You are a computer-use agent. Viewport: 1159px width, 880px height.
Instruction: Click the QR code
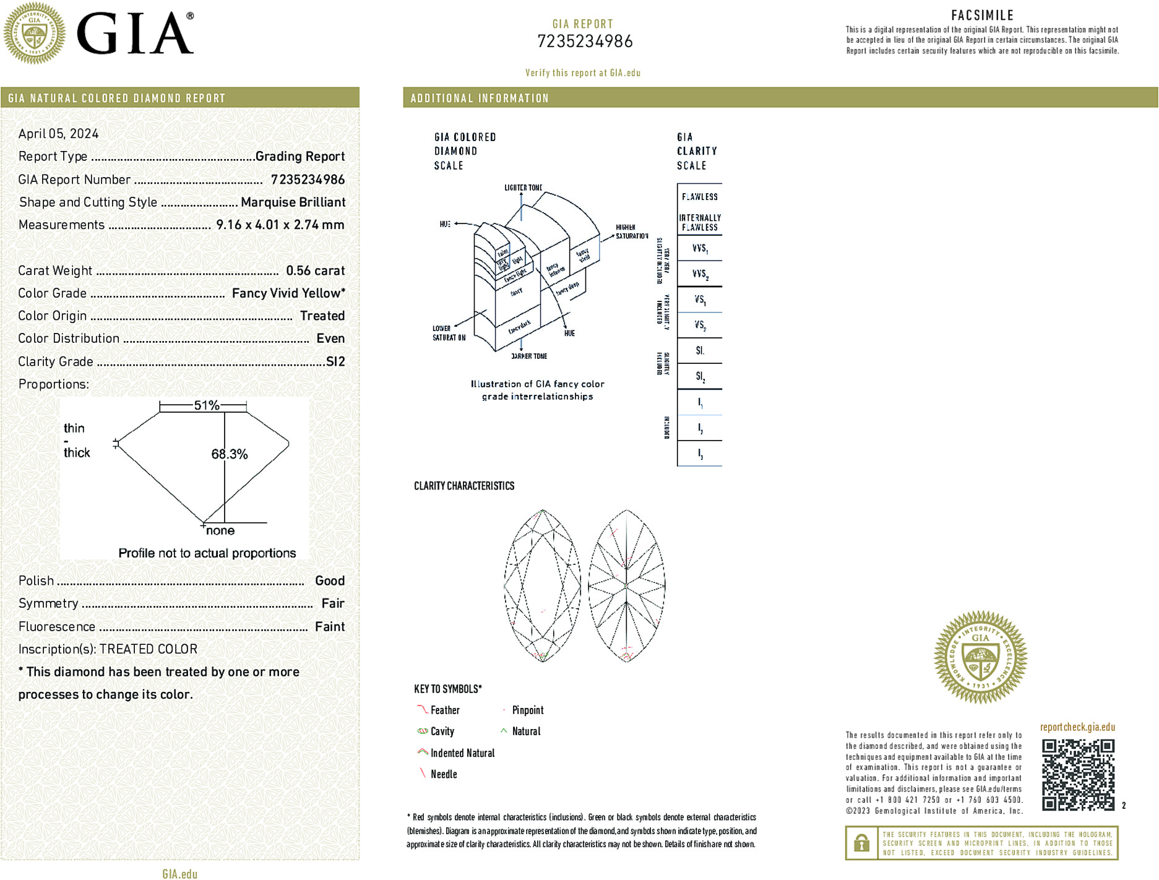[1078, 774]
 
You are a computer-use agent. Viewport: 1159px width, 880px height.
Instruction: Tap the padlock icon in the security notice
[861, 843]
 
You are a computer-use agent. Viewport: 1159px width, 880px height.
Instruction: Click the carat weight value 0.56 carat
[315, 270]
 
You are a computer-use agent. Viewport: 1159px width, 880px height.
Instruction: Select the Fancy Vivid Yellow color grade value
[288, 293]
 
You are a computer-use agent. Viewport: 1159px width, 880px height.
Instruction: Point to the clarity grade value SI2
[335, 361]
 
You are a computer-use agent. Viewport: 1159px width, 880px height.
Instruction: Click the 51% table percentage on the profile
[207, 405]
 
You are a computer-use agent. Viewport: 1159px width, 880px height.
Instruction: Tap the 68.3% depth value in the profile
[230, 454]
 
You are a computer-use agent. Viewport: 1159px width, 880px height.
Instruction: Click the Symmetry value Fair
[332, 603]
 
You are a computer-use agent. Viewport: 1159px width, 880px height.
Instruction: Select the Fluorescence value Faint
[330, 626]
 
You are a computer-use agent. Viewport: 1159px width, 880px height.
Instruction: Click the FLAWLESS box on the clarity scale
[699, 197]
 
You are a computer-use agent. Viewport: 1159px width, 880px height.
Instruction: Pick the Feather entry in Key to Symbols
[445, 710]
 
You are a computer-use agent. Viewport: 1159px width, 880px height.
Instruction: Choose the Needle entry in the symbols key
[444, 774]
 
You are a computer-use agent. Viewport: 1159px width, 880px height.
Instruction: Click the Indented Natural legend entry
[462, 753]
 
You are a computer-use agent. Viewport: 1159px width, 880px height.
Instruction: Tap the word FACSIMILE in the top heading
[982, 15]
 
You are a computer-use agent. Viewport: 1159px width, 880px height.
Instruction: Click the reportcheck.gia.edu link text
[1077, 727]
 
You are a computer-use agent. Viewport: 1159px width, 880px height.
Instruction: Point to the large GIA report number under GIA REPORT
[585, 41]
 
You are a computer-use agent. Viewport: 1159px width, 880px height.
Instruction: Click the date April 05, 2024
[58, 134]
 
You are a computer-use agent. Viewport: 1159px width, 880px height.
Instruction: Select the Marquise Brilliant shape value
[293, 202]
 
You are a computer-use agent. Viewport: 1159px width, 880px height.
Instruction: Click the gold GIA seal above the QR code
[980, 657]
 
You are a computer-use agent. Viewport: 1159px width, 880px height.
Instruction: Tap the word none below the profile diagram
[220, 531]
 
